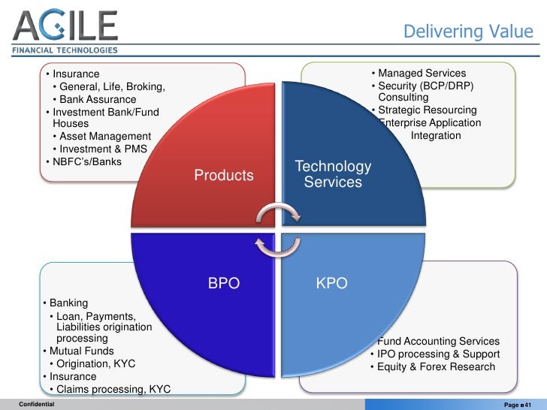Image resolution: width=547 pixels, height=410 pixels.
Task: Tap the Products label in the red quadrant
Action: click(224, 176)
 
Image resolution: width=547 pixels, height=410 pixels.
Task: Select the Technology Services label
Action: click(333, 174)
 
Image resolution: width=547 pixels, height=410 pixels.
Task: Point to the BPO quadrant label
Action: click(223, 285)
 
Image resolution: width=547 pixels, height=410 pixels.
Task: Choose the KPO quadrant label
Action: click(331, 285)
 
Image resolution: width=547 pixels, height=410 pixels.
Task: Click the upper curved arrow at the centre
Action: click(277, 215)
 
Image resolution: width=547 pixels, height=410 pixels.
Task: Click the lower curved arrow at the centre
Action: click(277, 245)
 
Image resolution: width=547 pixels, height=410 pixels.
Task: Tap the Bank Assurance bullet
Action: click(97, 100)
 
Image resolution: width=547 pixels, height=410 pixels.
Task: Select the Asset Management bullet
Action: click(104, 137)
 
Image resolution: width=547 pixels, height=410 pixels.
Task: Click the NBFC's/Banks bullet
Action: click(85, 161)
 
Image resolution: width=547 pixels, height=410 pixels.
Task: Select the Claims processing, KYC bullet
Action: click(111, 389)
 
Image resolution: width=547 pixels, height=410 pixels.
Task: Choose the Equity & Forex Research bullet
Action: click(434, 367)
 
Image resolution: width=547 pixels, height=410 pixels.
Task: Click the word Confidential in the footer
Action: click(37, 404)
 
